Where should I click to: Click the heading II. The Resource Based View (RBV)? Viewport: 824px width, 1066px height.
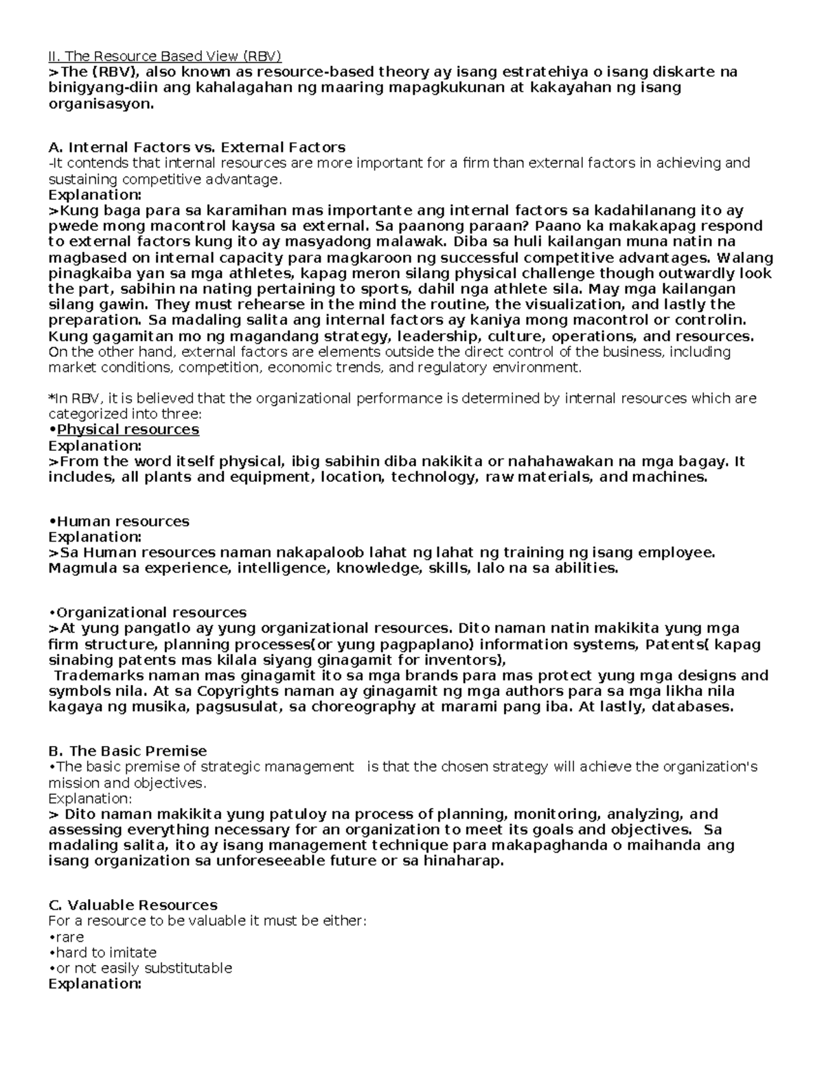coord(165,56)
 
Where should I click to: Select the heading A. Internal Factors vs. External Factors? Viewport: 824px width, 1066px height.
coord(197,147)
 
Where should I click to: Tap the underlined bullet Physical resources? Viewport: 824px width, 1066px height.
coord(128,430)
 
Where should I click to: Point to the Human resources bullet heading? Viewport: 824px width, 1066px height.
coord(119,521)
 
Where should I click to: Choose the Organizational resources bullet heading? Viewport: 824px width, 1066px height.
coord(148,612)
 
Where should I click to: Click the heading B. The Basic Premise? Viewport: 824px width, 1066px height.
coord(128,751)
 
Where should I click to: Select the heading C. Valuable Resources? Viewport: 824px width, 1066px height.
coord(133,905)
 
